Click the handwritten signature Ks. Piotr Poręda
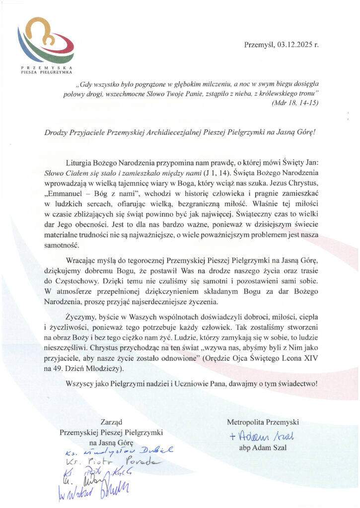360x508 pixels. (x=109, y=462)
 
